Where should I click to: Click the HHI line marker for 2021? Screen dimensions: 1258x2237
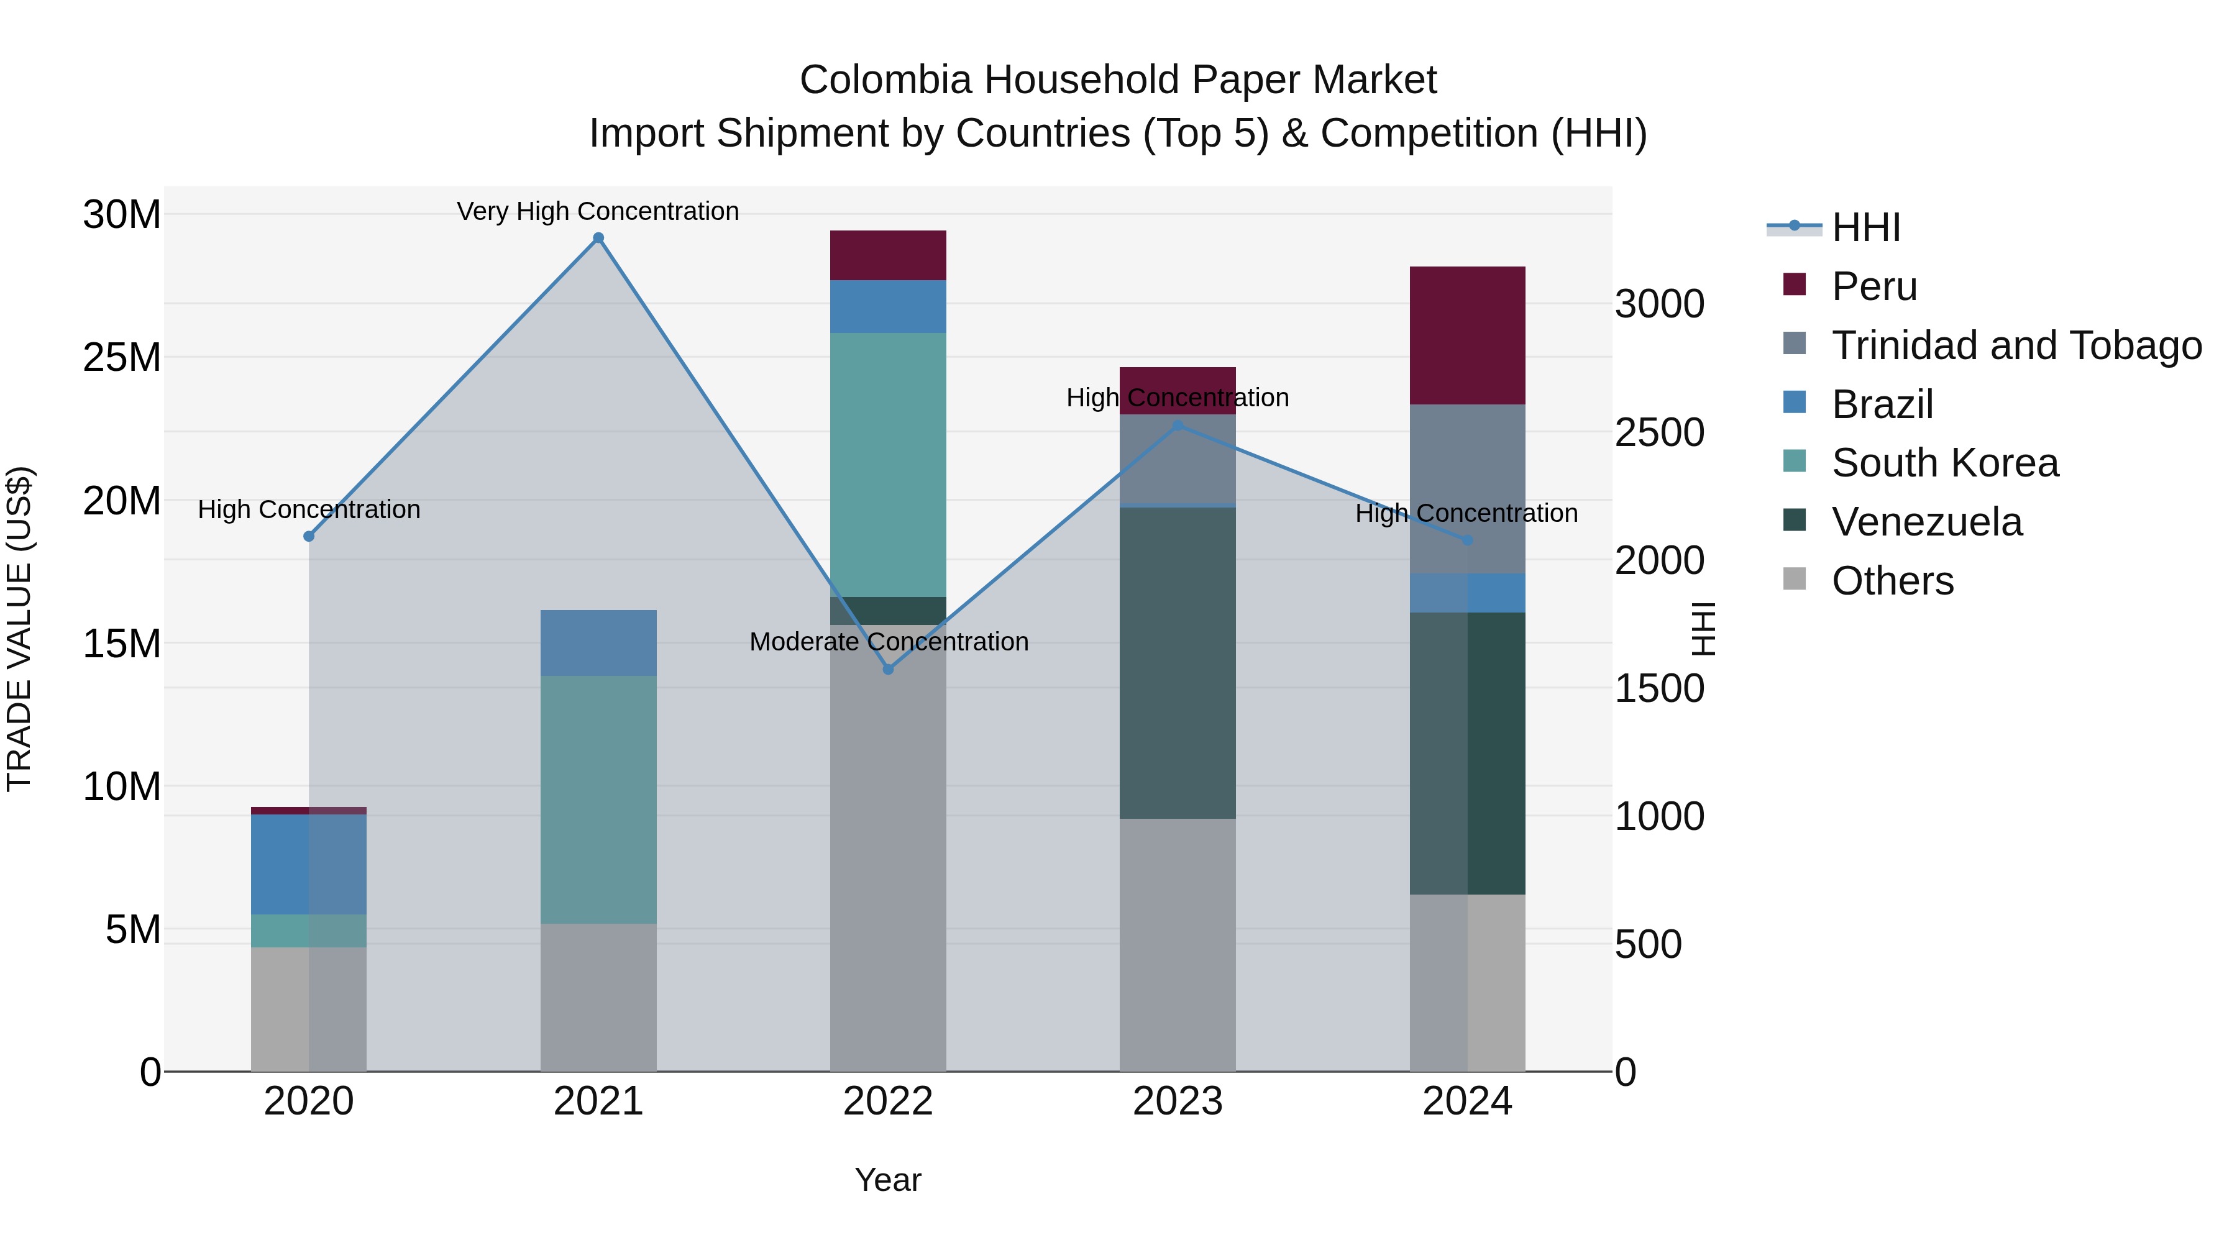coord(598,238)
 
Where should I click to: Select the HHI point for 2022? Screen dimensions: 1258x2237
coord(887,669)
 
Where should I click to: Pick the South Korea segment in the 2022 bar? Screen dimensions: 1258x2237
coord(887,465)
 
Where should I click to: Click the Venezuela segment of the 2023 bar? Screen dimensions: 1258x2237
coord(1177,662)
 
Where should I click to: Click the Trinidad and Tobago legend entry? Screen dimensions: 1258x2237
coord(2016,345)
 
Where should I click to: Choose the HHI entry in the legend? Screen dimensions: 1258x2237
coord(1865,227)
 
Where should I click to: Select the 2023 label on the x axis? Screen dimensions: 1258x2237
coord(1177,1101)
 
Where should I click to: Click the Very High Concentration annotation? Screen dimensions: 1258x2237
coord(598,211)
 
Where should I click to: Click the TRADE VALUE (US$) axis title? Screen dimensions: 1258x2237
coord(19,629)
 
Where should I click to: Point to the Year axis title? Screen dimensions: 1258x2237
coord(887,1180)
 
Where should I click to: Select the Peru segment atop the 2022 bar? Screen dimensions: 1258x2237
coord(887,255)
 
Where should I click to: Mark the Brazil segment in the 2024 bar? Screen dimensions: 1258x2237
coord(1466,593)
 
